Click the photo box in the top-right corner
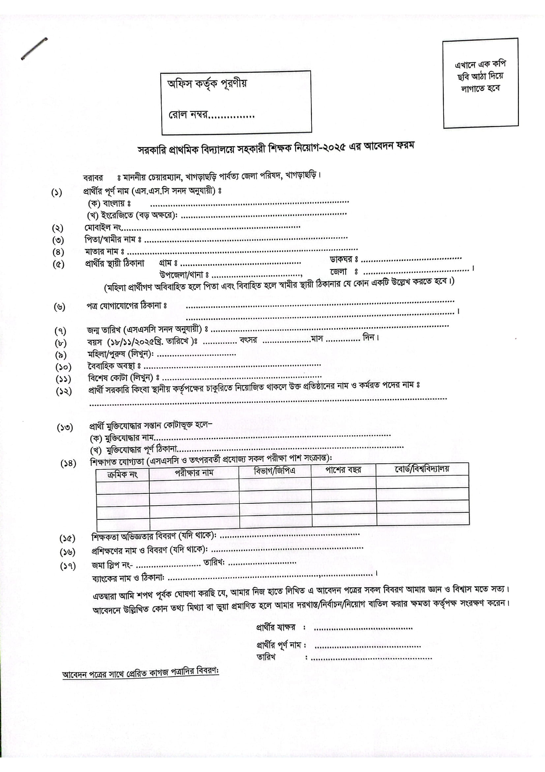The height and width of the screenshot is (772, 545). click(x=480, y=83)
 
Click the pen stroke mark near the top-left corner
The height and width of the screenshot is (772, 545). click(x=34, y=49)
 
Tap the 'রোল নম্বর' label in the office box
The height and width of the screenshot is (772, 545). click(x=188, y=115)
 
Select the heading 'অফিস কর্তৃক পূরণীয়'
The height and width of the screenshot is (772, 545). click(x=207, y=83)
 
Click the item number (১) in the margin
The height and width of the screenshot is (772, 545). click(x=56, y=193)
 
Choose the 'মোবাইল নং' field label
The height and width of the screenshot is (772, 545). click(x=103, y=228)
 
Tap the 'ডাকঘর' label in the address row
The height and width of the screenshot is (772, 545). click(x=341, y=259)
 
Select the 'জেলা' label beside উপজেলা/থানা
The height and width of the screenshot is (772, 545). click(x=338, y=271)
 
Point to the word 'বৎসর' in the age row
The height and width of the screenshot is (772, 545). click(x=248, y=340)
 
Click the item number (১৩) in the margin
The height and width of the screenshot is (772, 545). click(x=65, y=428)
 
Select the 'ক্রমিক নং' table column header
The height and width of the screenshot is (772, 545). click(x=122, y=475)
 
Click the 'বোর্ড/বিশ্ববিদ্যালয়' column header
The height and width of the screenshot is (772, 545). click(x=421, y=469)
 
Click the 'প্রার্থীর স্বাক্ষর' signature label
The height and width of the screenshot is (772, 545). click(x=276, y=627)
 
